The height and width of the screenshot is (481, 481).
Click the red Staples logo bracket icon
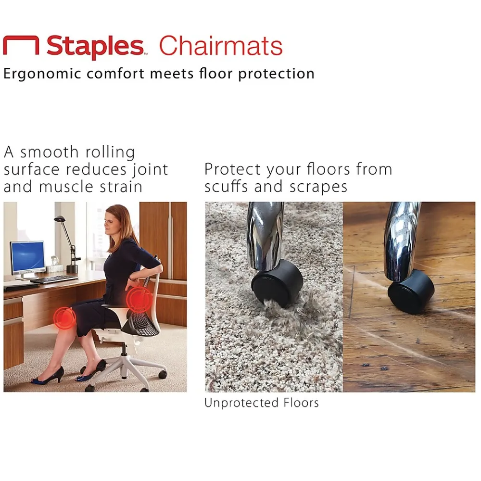tap(21, 46)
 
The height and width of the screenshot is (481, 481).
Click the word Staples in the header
tap(95, 47)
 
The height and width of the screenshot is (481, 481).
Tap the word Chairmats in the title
tap(221, 47)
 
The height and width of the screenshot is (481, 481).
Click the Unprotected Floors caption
tap(261, 403)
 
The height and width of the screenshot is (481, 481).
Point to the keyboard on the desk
tap(54, 279)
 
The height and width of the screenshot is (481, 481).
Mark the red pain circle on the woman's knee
tap(64, 316)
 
